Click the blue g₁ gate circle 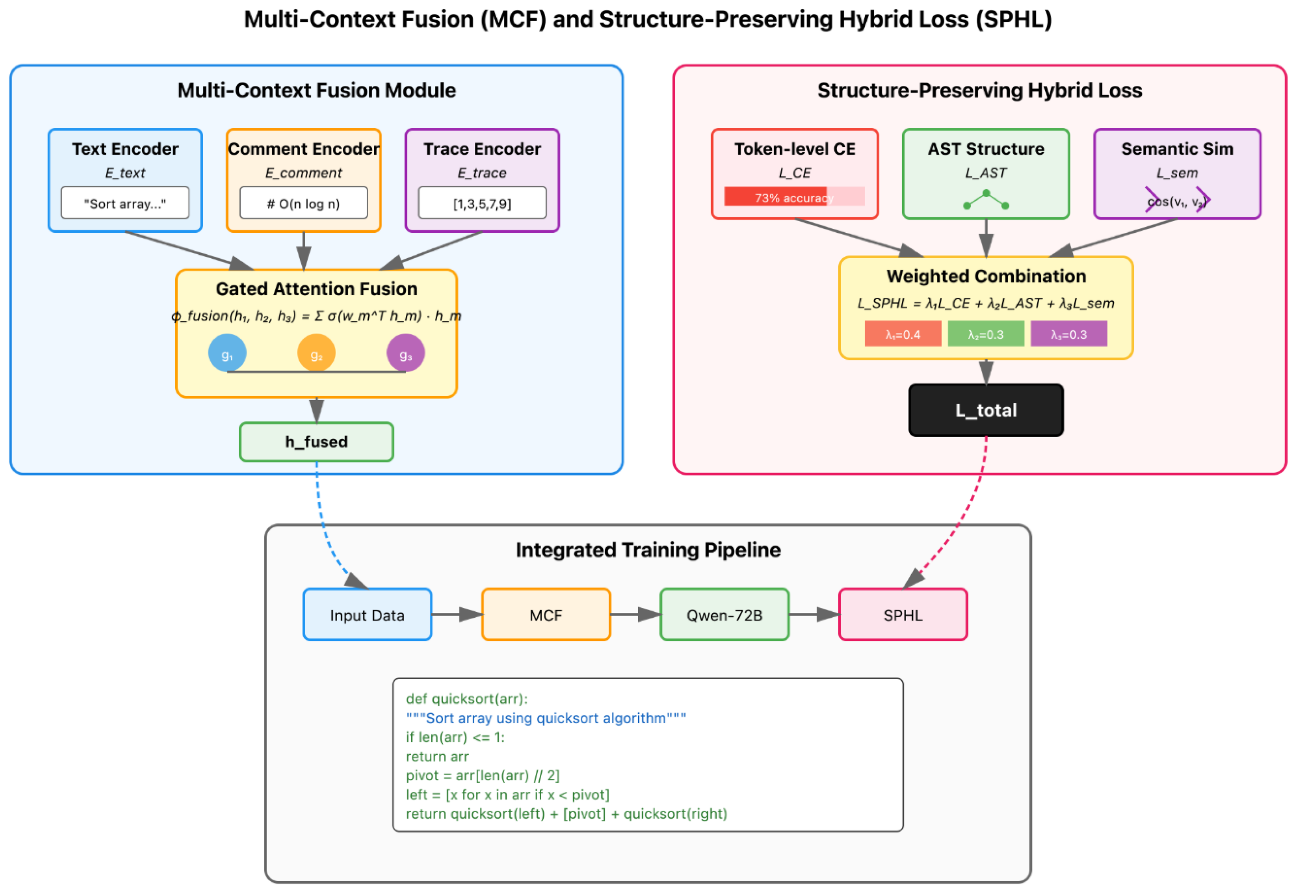click(227, 353)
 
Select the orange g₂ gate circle click(316, 353)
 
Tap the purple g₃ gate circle click(406, 353)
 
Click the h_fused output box click(316, 442)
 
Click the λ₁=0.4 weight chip click(903, 334)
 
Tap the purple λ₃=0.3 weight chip click(1068, 334)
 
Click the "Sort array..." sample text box click(125, 203)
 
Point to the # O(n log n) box click(304, 203)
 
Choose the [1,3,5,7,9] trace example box click(482, 203)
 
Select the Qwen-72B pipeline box click(724, 615)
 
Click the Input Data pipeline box click(367, 615)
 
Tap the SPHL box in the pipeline click(903, 615)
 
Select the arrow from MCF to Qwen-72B click(635, 615)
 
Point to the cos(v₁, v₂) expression click(1177, 201)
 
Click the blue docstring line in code click(545, 718)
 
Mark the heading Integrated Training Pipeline click(648, 550)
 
